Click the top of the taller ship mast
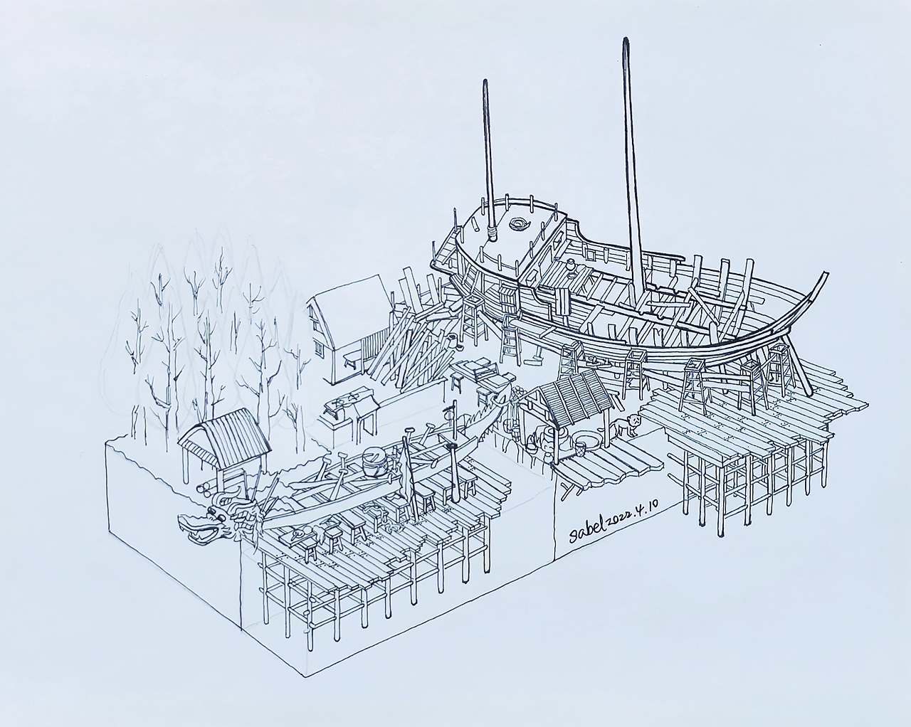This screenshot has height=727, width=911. [x=626, y=41]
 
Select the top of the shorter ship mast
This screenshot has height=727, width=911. [x=485, y=82]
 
